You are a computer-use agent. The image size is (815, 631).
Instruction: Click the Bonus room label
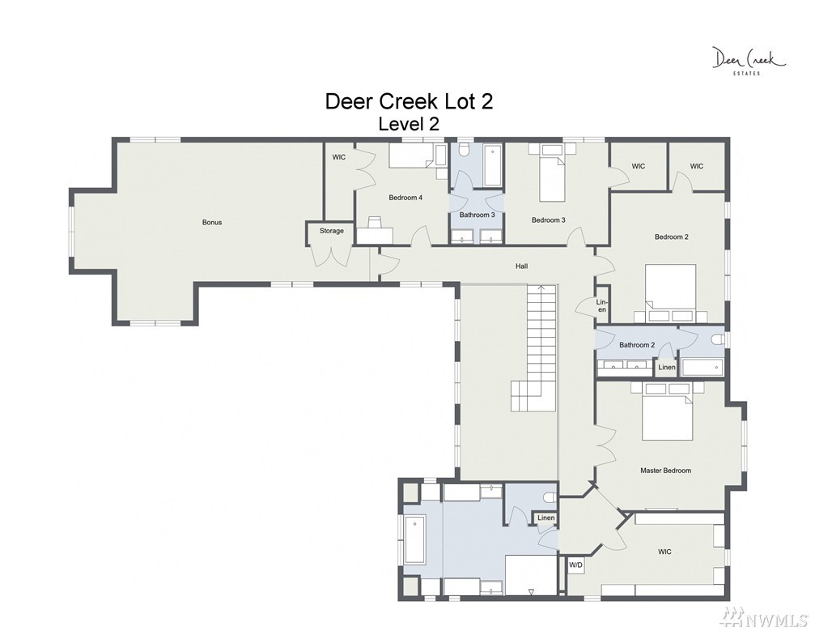[x=212, y=222]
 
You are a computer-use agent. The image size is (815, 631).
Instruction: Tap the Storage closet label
[x=332, y=230]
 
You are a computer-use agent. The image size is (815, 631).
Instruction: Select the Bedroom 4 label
[x=405, y=198]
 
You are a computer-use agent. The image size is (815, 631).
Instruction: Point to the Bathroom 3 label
[x=478, y=215]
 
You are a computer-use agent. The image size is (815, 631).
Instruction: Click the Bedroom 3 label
[x=549, y=220]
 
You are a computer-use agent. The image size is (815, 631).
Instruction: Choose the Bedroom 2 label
[x=672, y=237]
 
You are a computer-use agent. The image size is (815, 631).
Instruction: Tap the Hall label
[x=522, y=266]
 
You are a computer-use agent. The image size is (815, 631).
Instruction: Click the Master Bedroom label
[x=666, y=471]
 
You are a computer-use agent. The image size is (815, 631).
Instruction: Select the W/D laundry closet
[x=575, y=565]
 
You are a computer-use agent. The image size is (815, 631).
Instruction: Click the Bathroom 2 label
[x=637, y=345]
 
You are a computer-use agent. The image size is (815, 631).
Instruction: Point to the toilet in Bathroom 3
[x=465, y=150]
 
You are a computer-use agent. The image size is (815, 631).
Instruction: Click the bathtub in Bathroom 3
[x=492, y=165]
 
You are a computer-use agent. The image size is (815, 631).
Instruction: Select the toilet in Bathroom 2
[x=719, y=339]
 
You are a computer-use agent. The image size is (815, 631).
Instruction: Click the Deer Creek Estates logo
[x=749, y=61]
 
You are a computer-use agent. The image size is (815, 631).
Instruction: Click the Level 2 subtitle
[x=409, y=124]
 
